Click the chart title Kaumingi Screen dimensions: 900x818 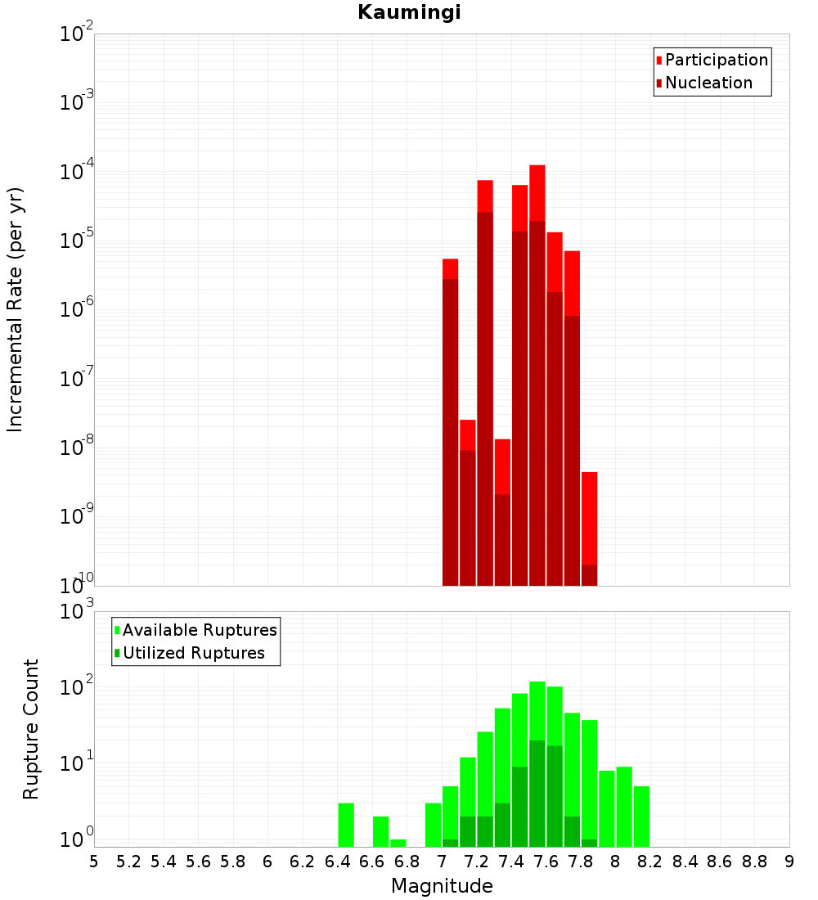point(409,13)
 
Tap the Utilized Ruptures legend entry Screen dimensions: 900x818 point(193,654)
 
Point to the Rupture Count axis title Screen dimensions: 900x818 point(31,729)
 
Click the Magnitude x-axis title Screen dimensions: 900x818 point(442,886)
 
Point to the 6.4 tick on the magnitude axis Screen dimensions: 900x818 point(337,862)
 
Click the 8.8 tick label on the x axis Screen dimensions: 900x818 point(754,862)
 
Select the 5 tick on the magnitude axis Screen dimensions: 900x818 point(94,862)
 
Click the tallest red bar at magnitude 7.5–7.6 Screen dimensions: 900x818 point(537,327)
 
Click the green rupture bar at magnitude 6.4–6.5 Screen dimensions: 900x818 point(346,825)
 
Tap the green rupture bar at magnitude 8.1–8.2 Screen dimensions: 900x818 point(641,817)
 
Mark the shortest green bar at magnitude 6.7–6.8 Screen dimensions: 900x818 point(398,843)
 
